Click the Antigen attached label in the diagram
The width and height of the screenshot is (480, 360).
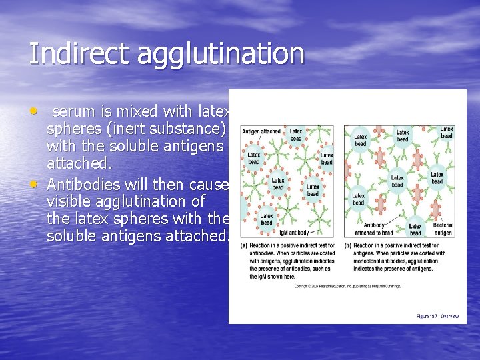[x=261, y=131]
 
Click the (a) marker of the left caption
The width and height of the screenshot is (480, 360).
[x=244, y=245]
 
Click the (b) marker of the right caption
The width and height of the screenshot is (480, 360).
[x=348, y=245]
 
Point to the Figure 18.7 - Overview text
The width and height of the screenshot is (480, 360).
[x=437, y=316]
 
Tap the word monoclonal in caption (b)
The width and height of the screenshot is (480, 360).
[x=363, y=261]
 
